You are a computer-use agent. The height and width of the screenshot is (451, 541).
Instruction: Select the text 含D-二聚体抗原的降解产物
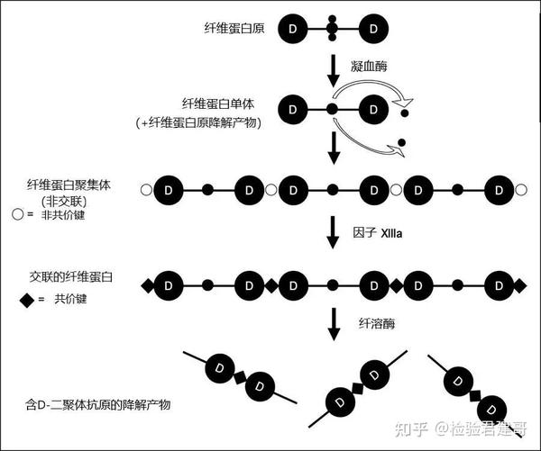tap(99, 405)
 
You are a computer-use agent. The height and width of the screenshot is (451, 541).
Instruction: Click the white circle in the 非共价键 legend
tap(17, 215)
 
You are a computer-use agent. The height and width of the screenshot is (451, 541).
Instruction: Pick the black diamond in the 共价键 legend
tap(18, 298)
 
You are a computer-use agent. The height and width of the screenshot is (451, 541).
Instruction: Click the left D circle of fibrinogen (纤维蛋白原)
tap(291, 30)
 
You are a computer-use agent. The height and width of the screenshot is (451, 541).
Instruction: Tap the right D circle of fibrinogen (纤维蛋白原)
tap(374, 30)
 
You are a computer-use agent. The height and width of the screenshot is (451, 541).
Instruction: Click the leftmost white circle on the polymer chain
tap(146, 191)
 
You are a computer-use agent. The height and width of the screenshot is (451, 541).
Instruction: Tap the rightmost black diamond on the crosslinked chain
tap(519, 285)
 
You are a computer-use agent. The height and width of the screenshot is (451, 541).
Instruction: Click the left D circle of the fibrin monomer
tap(291, 109)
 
